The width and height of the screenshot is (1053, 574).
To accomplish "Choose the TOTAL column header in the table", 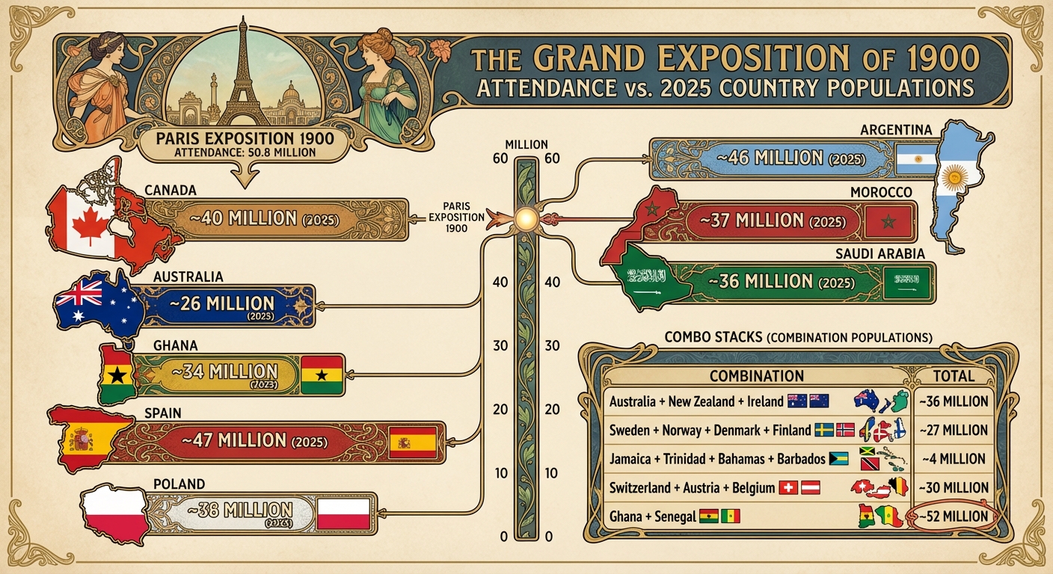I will (x=955, y=376).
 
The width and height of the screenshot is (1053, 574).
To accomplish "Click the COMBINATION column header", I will (x=756, y=376).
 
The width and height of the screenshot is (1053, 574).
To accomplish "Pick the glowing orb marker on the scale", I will (x=526, y=217).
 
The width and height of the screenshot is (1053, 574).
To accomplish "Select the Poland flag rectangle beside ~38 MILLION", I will (x=343, y=513).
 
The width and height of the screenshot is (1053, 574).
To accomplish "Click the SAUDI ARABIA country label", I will (x=879, y=254).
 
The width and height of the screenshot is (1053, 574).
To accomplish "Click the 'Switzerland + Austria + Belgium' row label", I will (x=692, y=488).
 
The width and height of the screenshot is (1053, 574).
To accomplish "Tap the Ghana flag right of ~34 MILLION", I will (x=322, y=374).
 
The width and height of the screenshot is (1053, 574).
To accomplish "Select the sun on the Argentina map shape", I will (x=953, y=179).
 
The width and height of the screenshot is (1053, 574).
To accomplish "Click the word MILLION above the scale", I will (x=526, y=144).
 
